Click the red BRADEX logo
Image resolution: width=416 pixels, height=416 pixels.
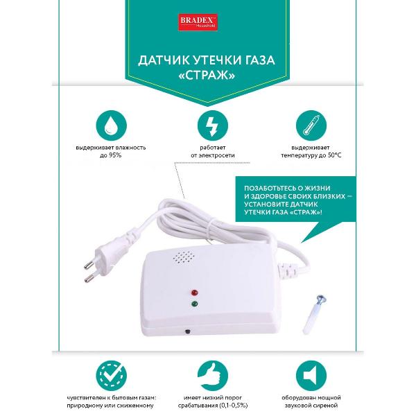point(198,22)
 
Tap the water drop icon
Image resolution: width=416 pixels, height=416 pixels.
point(111,125)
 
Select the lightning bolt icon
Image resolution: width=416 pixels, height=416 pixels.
point(213,125)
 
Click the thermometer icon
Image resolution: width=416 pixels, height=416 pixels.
point(311,125)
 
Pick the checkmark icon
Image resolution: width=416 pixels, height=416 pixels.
point(111,376)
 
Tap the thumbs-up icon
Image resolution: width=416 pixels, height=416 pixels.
point(213,376)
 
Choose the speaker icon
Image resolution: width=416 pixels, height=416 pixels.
point(311,376)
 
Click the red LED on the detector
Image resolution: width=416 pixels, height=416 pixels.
point(194,293)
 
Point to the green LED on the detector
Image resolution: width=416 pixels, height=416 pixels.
point(194,304)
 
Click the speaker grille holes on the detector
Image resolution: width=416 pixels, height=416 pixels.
point(184,257)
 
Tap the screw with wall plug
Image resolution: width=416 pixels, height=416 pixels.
point(314,314)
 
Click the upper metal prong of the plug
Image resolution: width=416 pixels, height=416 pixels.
point(89,264)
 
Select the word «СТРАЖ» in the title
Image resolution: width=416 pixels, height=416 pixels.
point(207,76)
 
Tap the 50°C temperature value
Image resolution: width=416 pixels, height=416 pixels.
point(334,155)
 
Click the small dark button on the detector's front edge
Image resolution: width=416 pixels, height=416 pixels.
point(188,331)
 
